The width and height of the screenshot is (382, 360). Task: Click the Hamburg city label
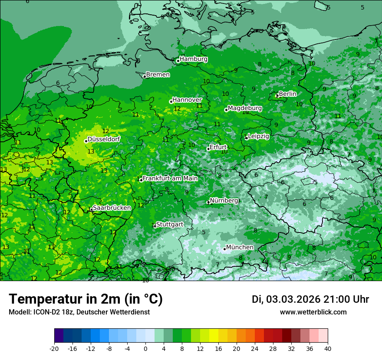(x=193, y=59)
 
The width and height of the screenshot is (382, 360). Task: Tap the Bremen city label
(x=158, y=75)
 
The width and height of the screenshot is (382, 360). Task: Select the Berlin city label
(x=287, y=94)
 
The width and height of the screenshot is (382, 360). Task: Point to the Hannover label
(x=187, y=100)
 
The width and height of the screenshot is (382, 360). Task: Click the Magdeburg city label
(x=244, y=108)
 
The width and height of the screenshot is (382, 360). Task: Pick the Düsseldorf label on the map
(x=104, y=139)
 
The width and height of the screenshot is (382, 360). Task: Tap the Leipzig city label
(x=258, y=136)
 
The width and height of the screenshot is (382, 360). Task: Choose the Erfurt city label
(x=218, y=147)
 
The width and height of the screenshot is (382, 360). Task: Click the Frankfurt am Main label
(x=170, y=178)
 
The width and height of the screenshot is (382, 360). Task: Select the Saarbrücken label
(x=112, y=208)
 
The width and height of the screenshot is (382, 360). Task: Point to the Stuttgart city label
(x=169, y=224)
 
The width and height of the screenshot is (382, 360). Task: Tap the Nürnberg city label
(x=224, y=201)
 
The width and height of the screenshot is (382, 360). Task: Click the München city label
(x=240, y=247)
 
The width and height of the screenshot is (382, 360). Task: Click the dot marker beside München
(x=224, y=249)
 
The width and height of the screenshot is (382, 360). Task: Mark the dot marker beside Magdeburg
(x=226, y=110)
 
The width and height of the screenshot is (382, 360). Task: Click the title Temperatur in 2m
(x=86, y=299)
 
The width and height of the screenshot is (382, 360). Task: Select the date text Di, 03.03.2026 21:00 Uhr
(x=310, y=299)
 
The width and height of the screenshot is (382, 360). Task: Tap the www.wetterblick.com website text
(x=313, y=312)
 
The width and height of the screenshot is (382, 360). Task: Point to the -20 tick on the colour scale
(x=54, y=348)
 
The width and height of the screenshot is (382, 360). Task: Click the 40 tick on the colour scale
(x=328, y=348)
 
